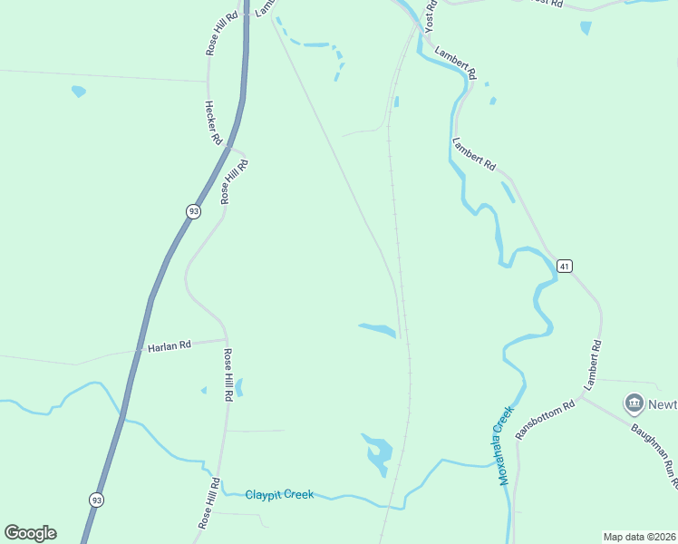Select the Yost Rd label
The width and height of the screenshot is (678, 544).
(431, 15)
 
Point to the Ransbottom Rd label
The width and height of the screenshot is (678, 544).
(545, 420)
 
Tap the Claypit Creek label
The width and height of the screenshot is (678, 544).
(279, 494)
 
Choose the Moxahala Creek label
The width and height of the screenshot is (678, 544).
(503, 444)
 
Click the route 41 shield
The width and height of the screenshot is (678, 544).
(565, 266)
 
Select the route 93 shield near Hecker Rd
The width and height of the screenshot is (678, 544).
(193, 211)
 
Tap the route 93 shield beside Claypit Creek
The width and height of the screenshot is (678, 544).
(96, 500)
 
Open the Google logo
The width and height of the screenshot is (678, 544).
(30, 532)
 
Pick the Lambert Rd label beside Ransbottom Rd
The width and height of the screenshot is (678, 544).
(593, 365)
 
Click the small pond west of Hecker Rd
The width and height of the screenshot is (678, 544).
(79, 92)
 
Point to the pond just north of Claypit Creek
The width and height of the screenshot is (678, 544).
(378, 452)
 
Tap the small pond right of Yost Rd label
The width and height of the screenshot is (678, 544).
(586, 28)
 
